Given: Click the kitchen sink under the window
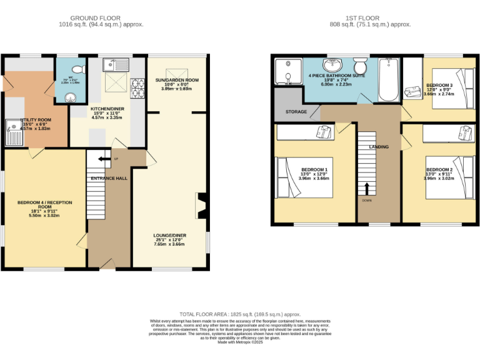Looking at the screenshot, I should coord(117,64).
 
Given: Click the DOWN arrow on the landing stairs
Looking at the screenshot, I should coord(367,188).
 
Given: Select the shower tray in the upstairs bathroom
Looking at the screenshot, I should coord(286,70).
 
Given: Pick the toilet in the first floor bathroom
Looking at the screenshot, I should coord(359,66).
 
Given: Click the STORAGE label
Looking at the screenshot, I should coord(296,112).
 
